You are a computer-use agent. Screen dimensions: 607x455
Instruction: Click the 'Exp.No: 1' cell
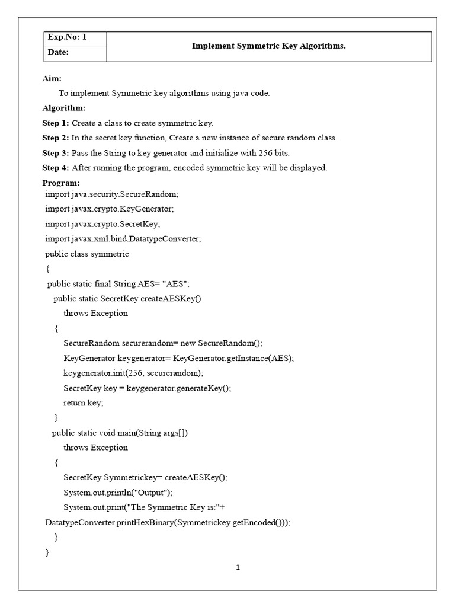pos(67,38)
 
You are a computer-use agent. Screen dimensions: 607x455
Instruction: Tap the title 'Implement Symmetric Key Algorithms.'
pos(268,46)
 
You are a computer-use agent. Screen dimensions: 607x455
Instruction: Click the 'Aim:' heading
pos(52,78)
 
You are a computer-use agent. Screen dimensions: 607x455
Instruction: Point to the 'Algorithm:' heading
pos(64,108)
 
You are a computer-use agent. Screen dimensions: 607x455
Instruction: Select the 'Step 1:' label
pos(56,123)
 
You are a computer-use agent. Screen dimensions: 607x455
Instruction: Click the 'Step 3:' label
pos(56,153)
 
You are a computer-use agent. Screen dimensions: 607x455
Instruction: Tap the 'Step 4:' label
pos(56,168)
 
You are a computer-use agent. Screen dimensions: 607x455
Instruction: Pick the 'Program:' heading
pos(61,183)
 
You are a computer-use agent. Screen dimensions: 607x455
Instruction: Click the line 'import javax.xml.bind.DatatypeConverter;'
pos(123,239)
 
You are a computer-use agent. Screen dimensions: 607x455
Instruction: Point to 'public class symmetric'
pos(87,254)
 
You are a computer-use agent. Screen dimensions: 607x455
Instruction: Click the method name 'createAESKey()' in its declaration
pos(171,298)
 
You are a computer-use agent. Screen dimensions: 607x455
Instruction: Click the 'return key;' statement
pos(84,402)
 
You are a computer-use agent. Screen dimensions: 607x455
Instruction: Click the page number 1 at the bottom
pos(238,567)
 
